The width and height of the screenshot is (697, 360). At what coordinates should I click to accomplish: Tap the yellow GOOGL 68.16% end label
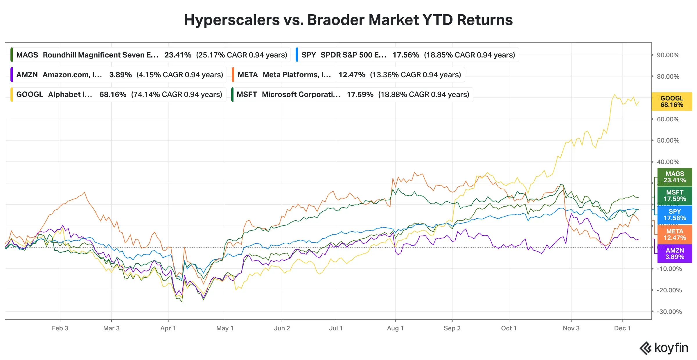pos(672,102)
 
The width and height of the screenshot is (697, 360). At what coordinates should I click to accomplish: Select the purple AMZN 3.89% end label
pos(675,254)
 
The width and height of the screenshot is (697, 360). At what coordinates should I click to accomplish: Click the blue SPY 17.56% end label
pos(675,215)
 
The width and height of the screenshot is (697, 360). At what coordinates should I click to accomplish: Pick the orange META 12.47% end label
pos(675,235)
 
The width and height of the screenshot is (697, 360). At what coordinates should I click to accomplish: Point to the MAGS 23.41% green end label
pos(675,177)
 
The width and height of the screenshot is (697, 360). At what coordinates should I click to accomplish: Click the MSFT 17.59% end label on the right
pos(675,196)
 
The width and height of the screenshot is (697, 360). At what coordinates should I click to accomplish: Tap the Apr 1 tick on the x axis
pos(168,328)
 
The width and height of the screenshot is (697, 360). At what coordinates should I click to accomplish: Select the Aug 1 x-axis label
pos(395,328)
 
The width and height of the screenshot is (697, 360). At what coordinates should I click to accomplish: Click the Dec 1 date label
pos(622,328)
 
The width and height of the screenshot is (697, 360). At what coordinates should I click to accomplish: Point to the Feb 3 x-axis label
pos(60,328)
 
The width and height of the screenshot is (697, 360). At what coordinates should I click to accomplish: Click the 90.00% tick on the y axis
pos(668,55)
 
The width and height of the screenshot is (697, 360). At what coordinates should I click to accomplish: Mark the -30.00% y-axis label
pos(669,312)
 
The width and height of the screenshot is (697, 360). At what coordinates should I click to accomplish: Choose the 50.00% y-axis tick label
pos(668,141)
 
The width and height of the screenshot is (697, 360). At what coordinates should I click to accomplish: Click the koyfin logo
pos(664,348)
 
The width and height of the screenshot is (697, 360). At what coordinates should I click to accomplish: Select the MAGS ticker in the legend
pos(27,55)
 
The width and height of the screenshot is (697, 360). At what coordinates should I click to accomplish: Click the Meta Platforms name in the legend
pos(297,75)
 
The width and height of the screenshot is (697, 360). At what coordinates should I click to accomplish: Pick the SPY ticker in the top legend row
pos(308,55)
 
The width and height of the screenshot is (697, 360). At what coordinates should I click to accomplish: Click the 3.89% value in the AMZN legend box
pos(121,75)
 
